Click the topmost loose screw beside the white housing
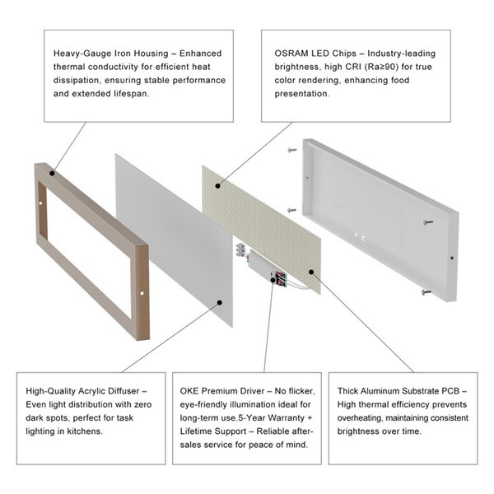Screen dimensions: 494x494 click(x=292, y=151)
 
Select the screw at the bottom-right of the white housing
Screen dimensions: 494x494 click(x=424, y=291)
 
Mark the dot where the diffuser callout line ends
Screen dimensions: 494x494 click(x=220, y=302)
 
